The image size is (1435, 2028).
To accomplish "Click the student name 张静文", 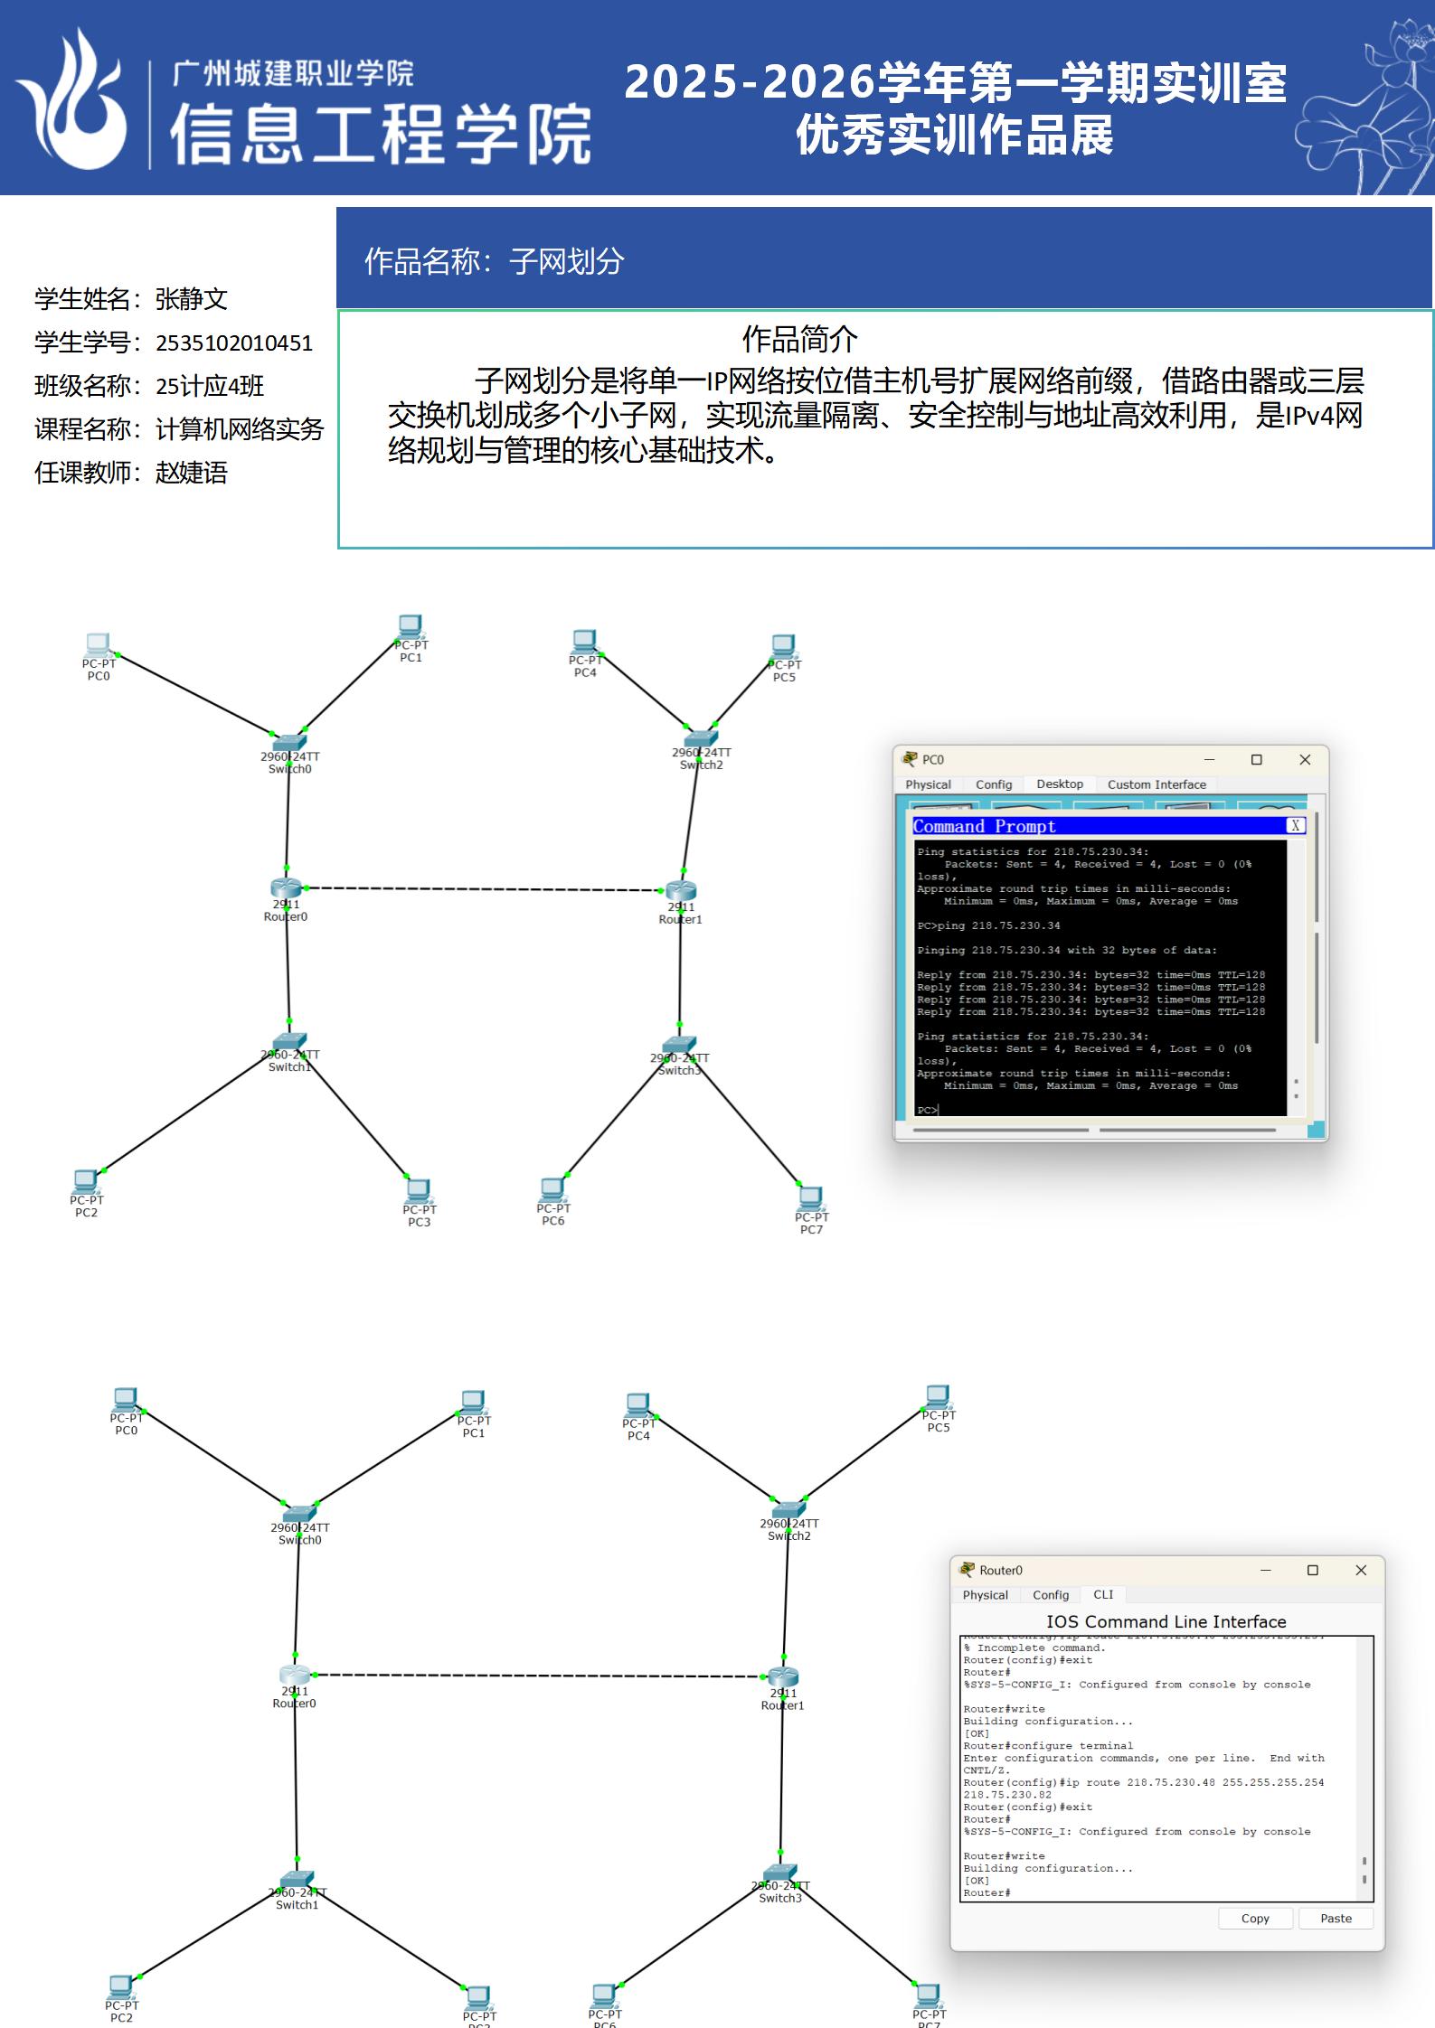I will coord(191,299).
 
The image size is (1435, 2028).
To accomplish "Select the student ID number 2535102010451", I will coord(233,343).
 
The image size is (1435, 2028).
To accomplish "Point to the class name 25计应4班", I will coord(209,387).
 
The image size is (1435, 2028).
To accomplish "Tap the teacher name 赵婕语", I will coord(191,473).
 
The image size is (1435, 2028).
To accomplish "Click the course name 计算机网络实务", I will coord(239,429).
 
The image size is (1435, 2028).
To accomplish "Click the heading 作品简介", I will coord(799,340).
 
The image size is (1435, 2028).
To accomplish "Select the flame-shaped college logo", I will coord(72,99).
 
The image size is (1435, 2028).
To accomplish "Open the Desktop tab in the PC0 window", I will coord(1060,784).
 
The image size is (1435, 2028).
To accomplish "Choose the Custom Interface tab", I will coord(1156,784).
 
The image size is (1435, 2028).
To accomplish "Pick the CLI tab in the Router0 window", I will coord(1103,1595).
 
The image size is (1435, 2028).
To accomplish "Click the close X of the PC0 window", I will coord(1305,760).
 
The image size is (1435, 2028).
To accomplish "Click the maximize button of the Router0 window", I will coord(1313,1571).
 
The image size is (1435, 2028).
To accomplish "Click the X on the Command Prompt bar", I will coord(1295,826).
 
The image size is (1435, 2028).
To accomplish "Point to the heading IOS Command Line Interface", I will coord(1166,1622).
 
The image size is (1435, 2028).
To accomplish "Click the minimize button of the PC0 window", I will coord(1209,760).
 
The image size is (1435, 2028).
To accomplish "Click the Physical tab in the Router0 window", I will coord(985,1595).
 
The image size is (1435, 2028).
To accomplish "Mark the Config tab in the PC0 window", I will coord(994,784).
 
